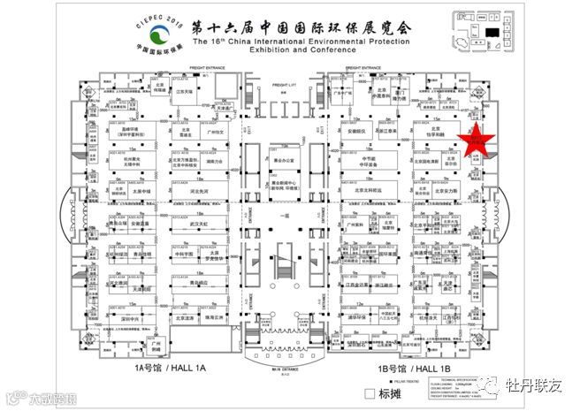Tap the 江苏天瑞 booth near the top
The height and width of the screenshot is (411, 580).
click(x=183, y=91)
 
